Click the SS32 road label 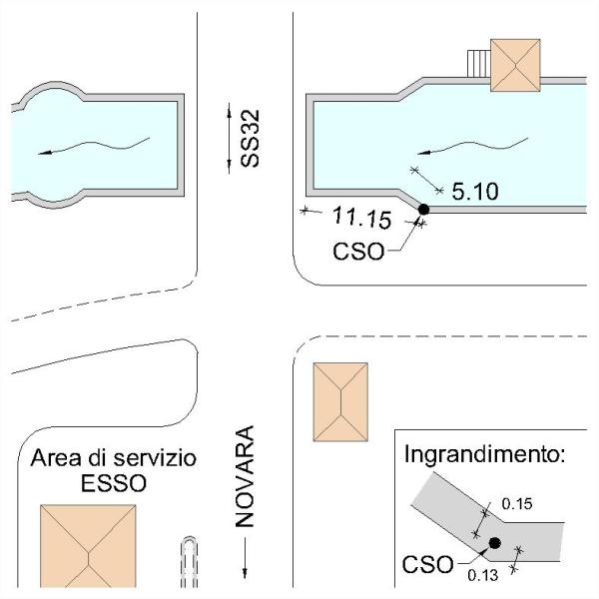pos(251,139)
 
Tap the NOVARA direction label pos(245,476)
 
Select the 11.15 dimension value pos(361,218)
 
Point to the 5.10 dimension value pos(475,192)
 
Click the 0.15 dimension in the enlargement pos(517,504)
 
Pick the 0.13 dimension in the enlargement pos(483,575)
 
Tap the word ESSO pos(114,483)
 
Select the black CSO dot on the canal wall pos(423,210)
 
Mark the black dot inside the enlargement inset pos(495,543)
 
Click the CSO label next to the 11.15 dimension pos(358,252)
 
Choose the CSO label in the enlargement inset pos(428,564)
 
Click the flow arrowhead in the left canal pos(44,153)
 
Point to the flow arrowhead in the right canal pos(423,153)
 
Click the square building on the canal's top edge pos(515,65)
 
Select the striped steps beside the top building pos(479,65)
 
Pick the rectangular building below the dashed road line pos(340,402)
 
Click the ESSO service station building pos(88,546)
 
